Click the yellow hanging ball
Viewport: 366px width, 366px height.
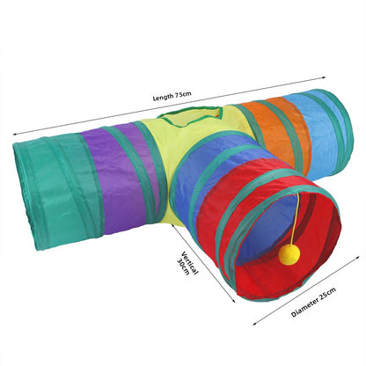pyautogui.click(x=289, y=253)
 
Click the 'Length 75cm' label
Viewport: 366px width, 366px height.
pyautogui.click(x=172, y=96)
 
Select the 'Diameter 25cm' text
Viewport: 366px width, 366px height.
pyautogui.click(x=313, y=302)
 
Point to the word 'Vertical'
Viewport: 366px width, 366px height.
pyautogui.click(x=190, y=263)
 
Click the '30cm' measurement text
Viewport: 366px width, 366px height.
pyautogui.click(x=183, y=267)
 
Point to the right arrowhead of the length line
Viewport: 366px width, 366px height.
pyautogui.click(x=324, y=77)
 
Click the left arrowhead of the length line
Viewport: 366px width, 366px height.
pyautogui.click(x=15, y=135)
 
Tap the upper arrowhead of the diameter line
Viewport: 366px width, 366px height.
pyautogui.click(x=358, y=257)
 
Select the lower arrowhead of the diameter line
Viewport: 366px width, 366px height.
pyautogui.click(x=255, y=324)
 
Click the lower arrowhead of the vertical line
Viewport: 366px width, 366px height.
pyautogui.click(x=233, y=300)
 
